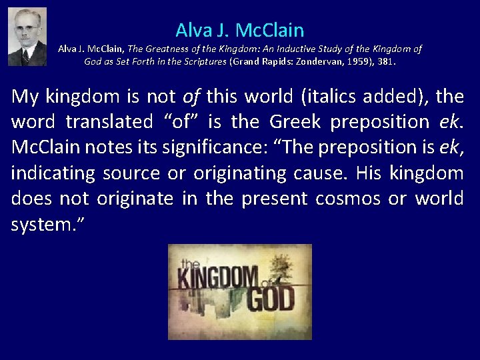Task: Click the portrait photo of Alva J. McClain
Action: click(27, 37)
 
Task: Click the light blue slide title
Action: click(240, 29)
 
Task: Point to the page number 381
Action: click(386, 61)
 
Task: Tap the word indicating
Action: click(50, 173)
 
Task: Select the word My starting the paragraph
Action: click(25, 97)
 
